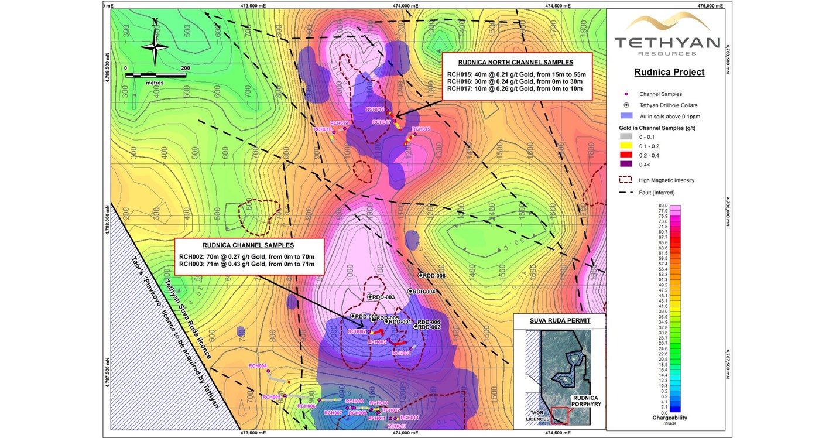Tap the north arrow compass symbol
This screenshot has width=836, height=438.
[155, 44]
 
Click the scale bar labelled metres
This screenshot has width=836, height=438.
[156, 76]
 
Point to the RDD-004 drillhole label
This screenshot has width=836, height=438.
[424, 292]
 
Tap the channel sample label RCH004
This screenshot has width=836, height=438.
[258, 365]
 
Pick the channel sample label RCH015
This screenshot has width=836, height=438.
[421, 129]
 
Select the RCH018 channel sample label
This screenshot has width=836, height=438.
[323, 129]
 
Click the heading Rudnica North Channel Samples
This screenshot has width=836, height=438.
[516, 63]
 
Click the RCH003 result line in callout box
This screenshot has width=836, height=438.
[247, 265]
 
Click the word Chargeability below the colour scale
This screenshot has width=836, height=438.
[670, 418]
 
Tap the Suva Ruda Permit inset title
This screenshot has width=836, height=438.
[560, 321]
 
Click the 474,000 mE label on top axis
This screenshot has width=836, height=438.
[405, 6]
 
